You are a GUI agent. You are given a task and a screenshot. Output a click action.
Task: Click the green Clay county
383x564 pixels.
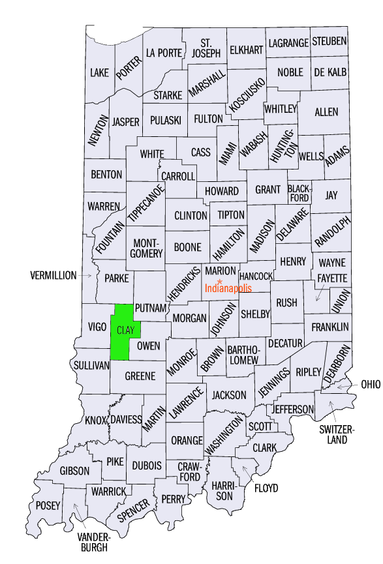pos(121,333)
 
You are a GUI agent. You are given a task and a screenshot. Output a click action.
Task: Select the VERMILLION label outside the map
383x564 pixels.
pos(54,276)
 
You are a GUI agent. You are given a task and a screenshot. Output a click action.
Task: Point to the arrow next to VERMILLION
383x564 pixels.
pos(86,276)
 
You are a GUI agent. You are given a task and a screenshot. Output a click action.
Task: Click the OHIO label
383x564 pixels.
pos(370,385)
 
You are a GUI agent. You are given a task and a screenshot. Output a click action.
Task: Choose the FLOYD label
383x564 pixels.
pos(266,487)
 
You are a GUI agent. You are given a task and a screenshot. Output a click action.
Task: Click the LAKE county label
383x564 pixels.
pos(100,72)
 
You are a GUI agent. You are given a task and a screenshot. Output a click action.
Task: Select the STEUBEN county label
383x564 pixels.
pos(329,41)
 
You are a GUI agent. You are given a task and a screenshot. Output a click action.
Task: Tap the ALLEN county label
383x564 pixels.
pos(326,112)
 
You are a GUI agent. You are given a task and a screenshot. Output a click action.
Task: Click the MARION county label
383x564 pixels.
pos(220,270)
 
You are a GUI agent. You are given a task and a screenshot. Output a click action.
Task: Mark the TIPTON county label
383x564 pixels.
pos(231,215)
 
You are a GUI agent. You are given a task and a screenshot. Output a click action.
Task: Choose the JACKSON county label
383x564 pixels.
pos(229,395)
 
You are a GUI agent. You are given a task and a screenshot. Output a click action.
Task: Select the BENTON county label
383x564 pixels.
pos(106,175)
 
